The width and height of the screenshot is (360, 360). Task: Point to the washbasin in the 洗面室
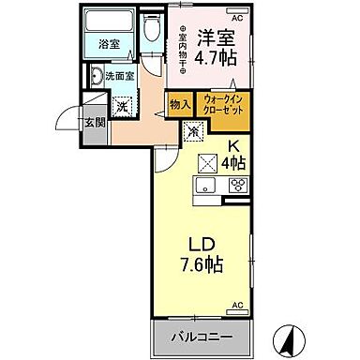98,78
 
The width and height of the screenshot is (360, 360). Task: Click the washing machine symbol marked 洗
122,105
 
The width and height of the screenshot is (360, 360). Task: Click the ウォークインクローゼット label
224,102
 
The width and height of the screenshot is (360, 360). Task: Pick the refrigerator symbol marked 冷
193,132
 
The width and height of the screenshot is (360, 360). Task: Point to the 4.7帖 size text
217,66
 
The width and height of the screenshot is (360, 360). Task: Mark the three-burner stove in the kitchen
237,186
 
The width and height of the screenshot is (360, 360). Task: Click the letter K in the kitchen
234,146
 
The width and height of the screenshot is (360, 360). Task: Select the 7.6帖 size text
202,265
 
